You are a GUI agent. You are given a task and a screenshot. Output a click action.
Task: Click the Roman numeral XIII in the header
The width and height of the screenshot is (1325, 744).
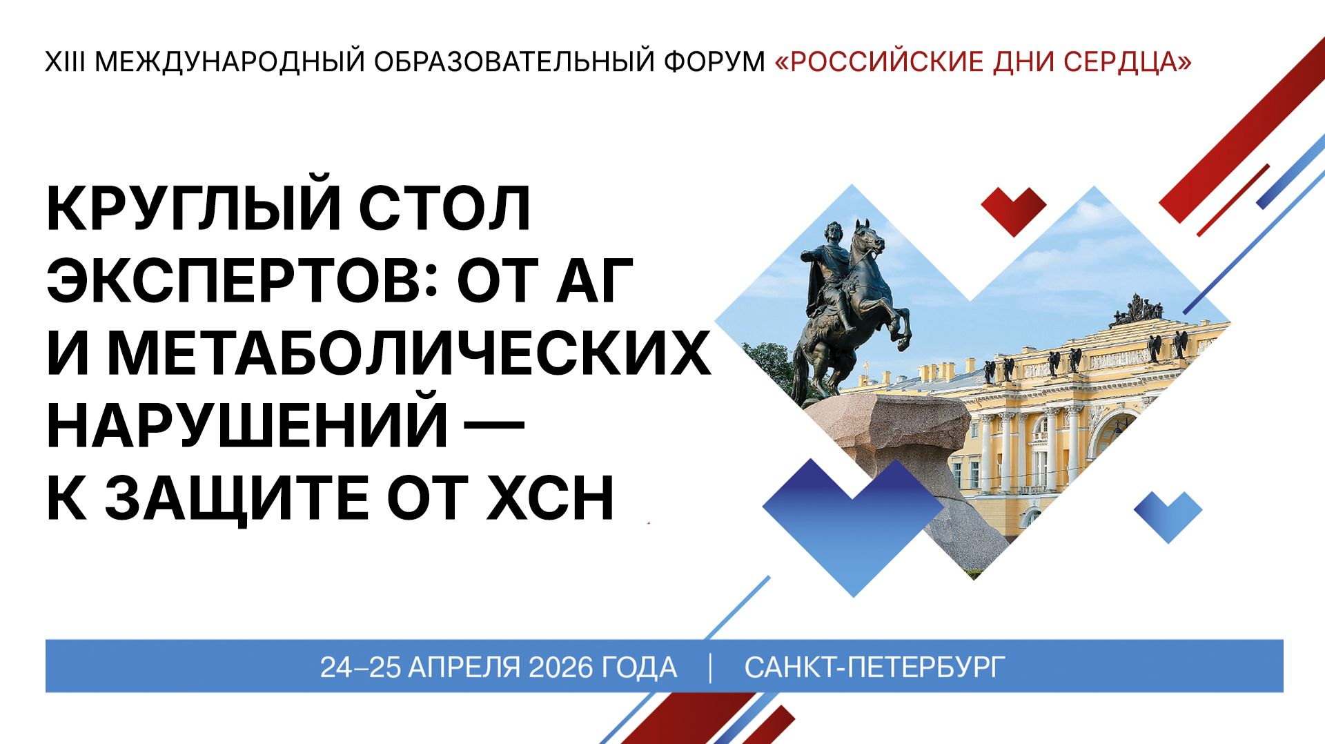[65, 62]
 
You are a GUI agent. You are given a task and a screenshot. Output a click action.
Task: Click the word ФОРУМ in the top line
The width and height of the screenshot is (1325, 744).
[714, 62]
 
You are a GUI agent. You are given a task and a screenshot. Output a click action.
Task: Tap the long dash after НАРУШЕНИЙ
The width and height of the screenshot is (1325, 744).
[494, 422]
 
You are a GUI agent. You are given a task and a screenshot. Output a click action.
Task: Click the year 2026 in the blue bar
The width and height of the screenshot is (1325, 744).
[560, 667]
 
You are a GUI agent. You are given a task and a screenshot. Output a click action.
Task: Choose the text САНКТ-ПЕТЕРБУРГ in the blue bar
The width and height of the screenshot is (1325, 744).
[874, 667]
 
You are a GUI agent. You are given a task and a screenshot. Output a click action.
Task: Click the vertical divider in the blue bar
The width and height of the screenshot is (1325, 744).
[710, 667]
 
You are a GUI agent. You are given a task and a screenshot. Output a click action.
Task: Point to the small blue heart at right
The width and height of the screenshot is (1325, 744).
[1168, 514]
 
